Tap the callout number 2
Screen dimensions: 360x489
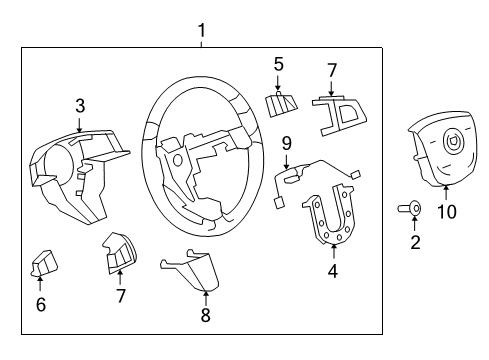click(415, 241)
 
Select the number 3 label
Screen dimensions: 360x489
click(80, 105)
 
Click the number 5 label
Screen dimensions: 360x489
click(279, 66)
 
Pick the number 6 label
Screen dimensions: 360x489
click(40, 305)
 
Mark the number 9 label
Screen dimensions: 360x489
click(287, 142)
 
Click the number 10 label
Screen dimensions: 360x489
click(445, 211)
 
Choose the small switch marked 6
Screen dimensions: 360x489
click(43, 264)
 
